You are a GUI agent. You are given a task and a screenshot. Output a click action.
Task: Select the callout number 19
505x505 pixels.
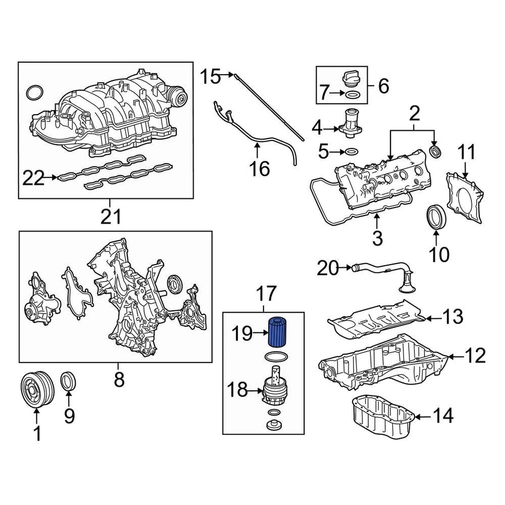tap(243, 333)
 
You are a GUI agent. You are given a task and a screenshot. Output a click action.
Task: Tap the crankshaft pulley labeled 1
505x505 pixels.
tap(36, 390)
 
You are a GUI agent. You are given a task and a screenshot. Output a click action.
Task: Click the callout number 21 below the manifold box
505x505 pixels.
tap(111, 216)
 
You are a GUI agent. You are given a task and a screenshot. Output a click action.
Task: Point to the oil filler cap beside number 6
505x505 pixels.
tap(351, 78)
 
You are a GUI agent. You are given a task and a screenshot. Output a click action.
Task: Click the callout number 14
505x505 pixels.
tap(443, 417)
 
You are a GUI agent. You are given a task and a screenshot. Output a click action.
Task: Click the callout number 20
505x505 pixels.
tap(328, 269)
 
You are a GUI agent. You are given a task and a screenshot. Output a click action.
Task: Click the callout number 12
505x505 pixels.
tap(475, 357)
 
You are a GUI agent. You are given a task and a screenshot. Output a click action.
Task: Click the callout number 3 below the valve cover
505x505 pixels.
tap(377, 238)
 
